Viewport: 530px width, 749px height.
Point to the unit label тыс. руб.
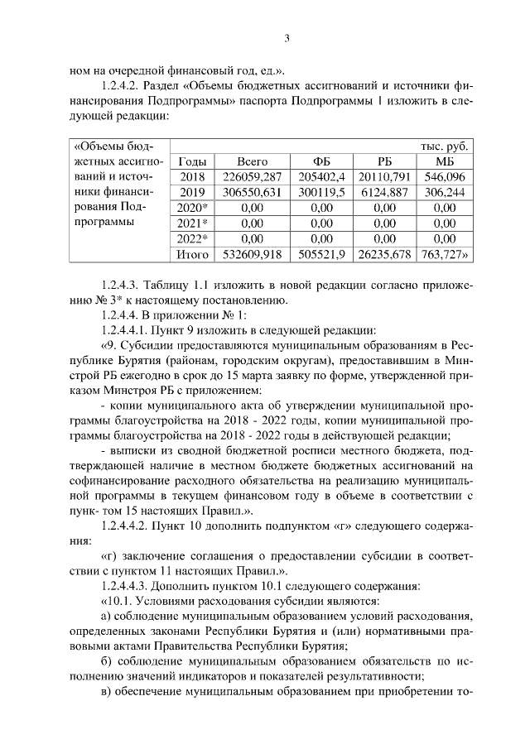click(445, 146)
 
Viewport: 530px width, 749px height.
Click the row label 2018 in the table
click(191, 176)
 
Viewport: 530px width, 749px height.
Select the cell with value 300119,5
click(321, 192)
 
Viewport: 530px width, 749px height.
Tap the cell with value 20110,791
click(384, 176)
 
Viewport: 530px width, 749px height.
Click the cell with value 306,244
click(445, 192)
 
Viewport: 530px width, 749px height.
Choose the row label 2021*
click(192, 223)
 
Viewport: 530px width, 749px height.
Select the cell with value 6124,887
click(384, 192)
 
